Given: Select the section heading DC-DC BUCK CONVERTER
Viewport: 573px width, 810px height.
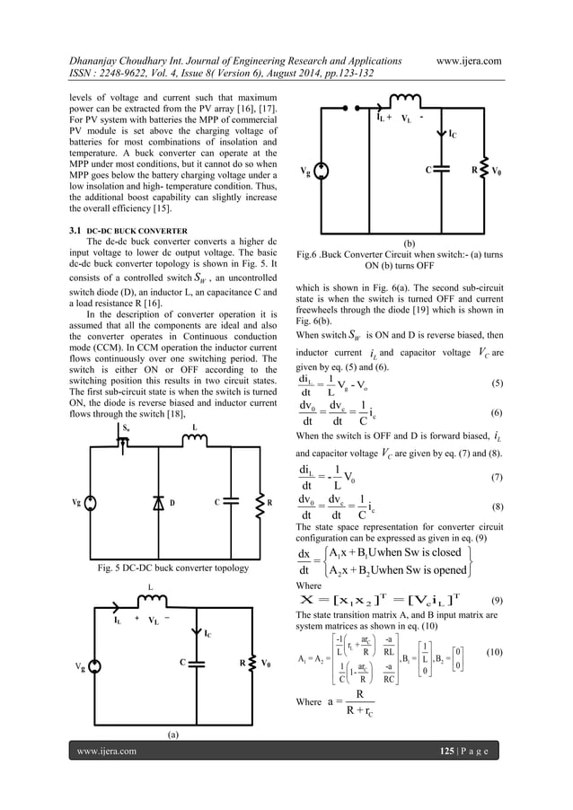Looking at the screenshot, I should (137, 231).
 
